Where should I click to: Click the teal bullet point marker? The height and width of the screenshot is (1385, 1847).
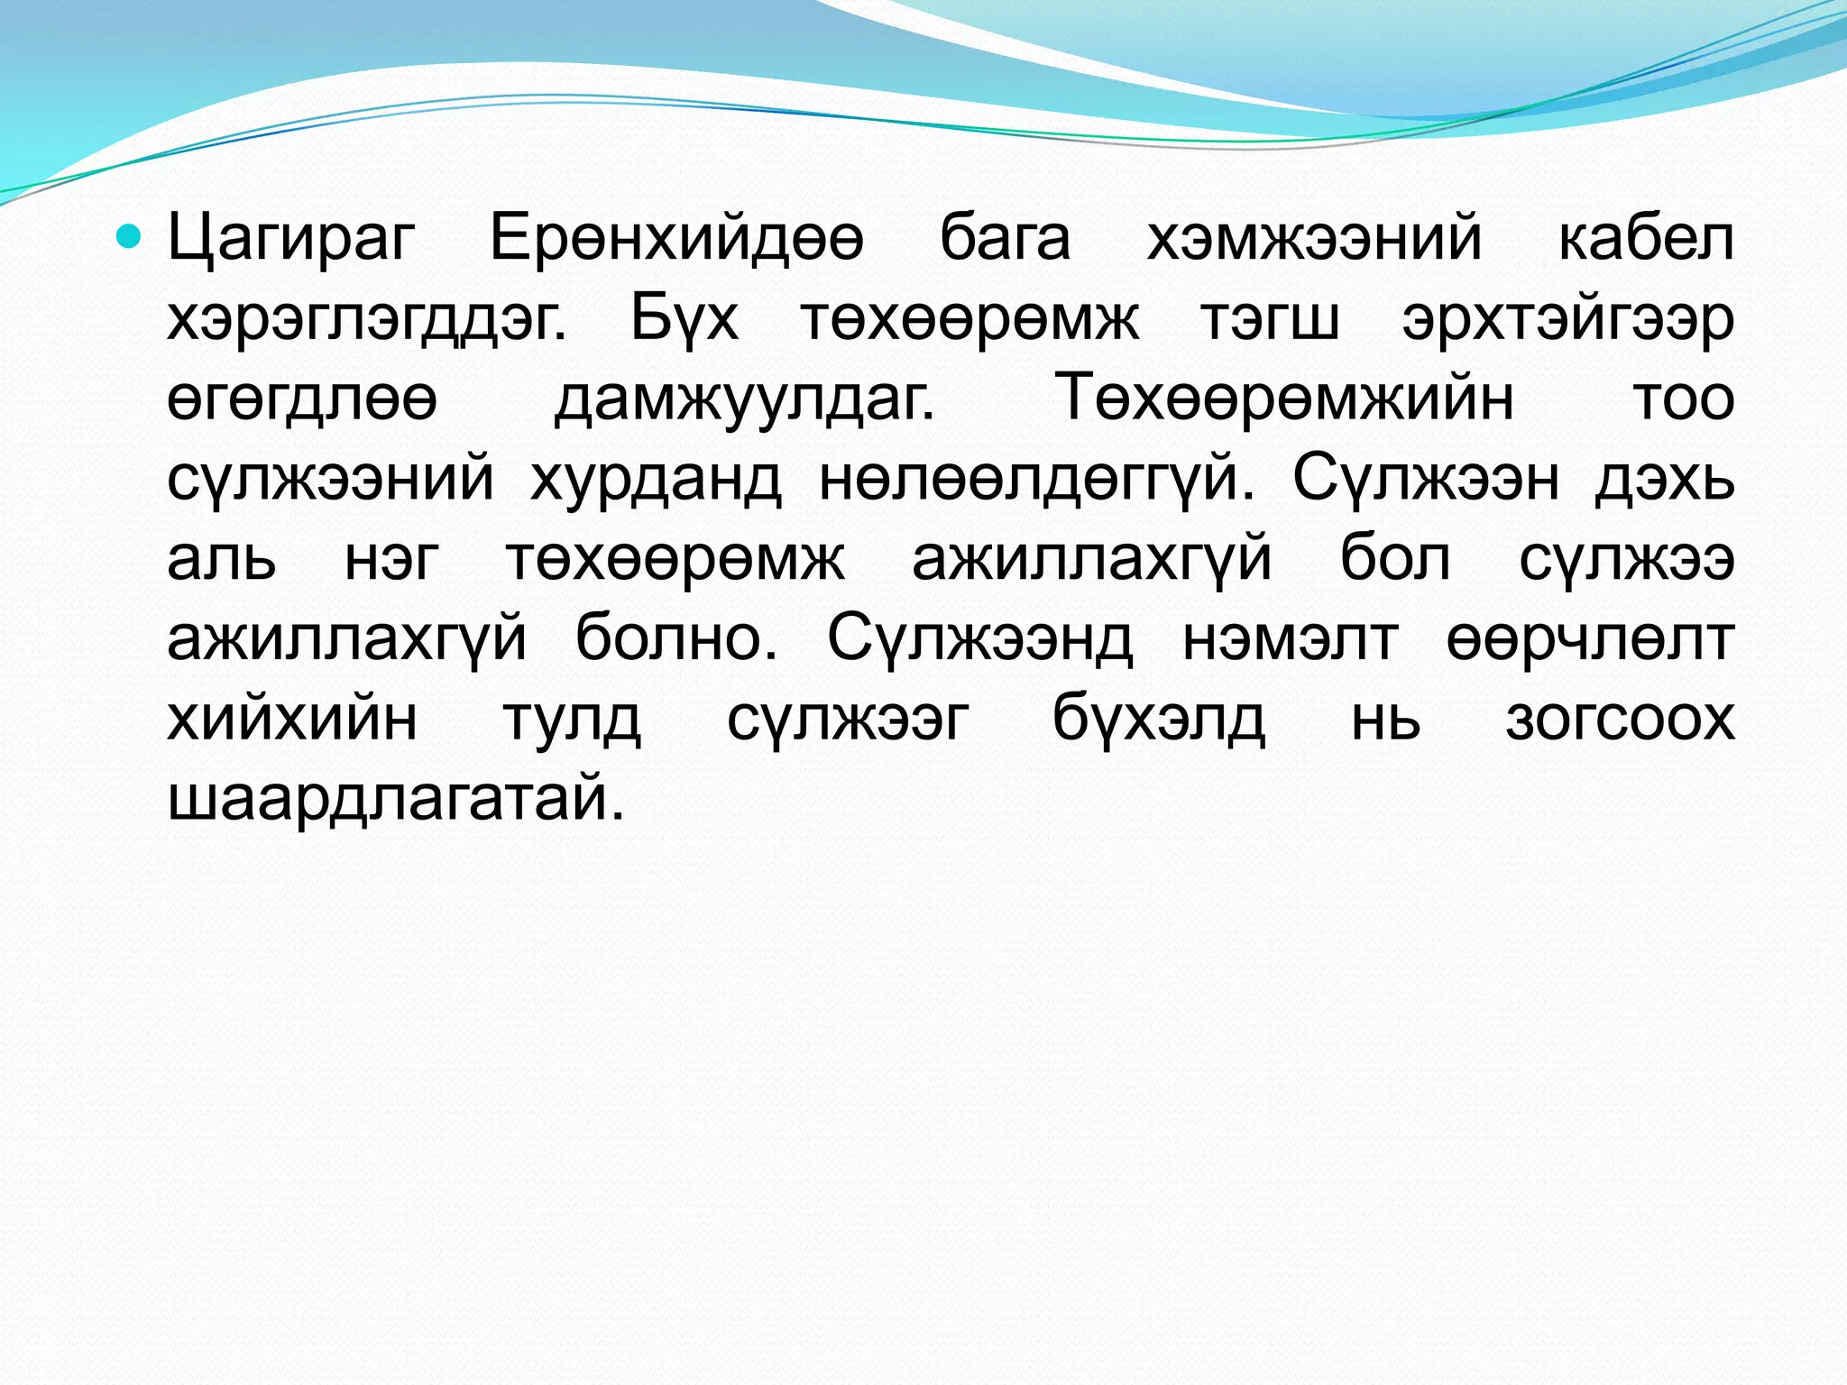[132, 237]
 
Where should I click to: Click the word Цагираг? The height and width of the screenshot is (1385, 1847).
[290, 240]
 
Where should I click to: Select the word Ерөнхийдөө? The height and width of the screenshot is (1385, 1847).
[676, 240]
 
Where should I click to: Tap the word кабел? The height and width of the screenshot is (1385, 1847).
[1646, 240]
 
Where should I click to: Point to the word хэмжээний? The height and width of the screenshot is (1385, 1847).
[1314, 240]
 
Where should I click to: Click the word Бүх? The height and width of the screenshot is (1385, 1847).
[685, 319]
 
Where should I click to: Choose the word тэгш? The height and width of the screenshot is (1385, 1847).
[1270, 319]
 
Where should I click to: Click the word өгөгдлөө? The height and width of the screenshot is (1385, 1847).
[302, 399]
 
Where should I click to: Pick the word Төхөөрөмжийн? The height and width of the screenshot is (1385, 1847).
[1284, 399]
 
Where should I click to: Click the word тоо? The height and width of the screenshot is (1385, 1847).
[1684, 399]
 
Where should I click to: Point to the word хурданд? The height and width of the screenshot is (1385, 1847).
[656, 480]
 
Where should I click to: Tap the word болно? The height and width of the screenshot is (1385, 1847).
[675, 638]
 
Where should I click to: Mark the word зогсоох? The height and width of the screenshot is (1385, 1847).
[1620, 718]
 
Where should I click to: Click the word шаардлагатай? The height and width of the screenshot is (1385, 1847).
[396, 799]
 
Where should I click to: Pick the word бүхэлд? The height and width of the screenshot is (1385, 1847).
[1159, 718]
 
